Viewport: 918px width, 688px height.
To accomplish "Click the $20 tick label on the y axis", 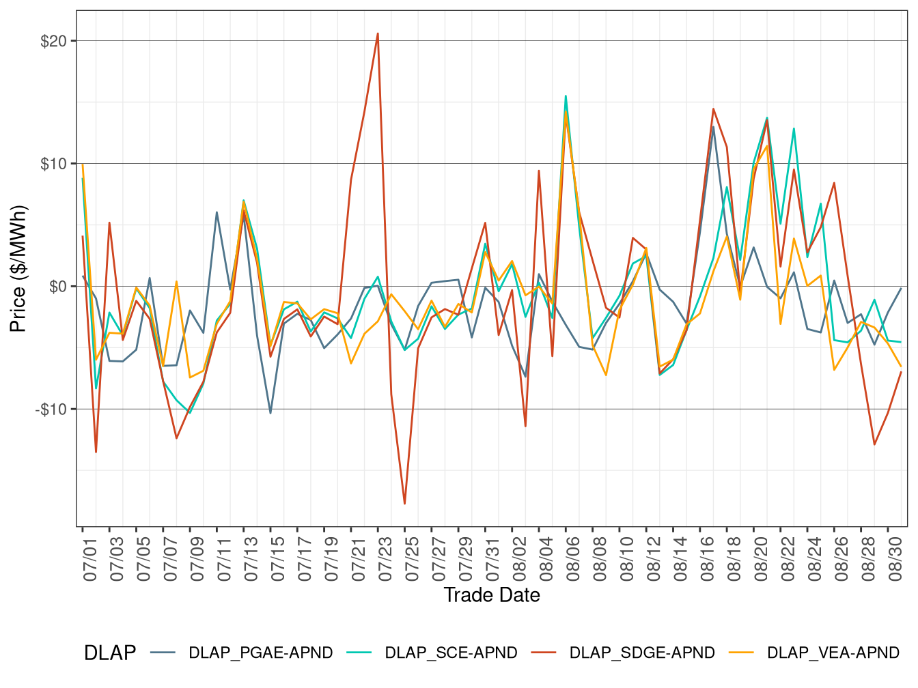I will tap(53, 41).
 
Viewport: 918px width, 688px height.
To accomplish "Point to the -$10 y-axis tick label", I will tap(51, 410).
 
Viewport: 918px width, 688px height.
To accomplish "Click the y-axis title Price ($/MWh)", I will tap(18, 268).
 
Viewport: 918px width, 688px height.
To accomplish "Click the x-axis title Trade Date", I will tap(492, 595).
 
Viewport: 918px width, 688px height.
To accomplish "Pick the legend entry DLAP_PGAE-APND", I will tap(260, 653).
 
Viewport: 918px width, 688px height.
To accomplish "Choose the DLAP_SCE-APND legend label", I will tap(451, 653).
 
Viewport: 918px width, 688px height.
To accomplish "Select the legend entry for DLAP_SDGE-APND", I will tap(642, 653).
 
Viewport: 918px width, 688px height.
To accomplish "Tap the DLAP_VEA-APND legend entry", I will tap(833, 653).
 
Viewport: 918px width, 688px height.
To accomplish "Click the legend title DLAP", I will tap(109, 653).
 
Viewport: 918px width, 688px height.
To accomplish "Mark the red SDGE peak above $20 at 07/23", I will tap(378, 33).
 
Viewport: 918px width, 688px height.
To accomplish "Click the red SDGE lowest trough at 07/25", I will tap(404, 504).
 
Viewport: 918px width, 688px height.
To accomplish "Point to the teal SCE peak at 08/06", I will tap(566, 96).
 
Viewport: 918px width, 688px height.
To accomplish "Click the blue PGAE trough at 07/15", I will tap(270, 413).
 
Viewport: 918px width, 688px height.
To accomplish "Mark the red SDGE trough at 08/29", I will tap(874, 445).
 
